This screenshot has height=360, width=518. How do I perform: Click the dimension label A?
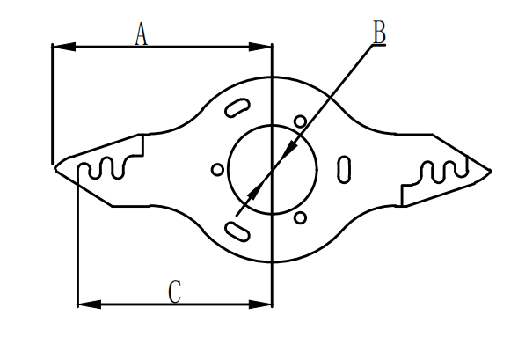click(141, 33)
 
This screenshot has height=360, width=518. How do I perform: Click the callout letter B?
click(379, 32)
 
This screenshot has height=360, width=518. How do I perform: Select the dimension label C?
click(175, 291)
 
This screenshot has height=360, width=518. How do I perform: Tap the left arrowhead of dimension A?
click(64, 47)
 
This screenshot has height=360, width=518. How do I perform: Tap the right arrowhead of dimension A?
click(260, 47)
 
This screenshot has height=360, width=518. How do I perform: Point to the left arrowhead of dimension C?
click(90, 305)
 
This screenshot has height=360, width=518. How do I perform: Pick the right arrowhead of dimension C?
click(260, 305)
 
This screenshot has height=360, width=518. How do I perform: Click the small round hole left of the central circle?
click(217, 170)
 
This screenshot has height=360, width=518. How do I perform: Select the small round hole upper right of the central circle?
click(300, 121)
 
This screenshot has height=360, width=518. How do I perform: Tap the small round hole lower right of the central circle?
click(300, 218)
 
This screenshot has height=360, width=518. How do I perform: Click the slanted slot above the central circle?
click(237, 107)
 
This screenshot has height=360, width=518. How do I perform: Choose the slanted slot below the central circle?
click(237, 231)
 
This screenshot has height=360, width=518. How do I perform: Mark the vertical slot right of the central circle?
click(344, 170)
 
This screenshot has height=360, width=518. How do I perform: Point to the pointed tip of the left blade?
click(55, 169)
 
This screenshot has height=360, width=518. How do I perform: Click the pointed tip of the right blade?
click(490, 172)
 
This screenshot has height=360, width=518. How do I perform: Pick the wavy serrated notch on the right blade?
click(443, 172)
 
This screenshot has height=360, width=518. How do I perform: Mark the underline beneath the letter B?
click(379, 45)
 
